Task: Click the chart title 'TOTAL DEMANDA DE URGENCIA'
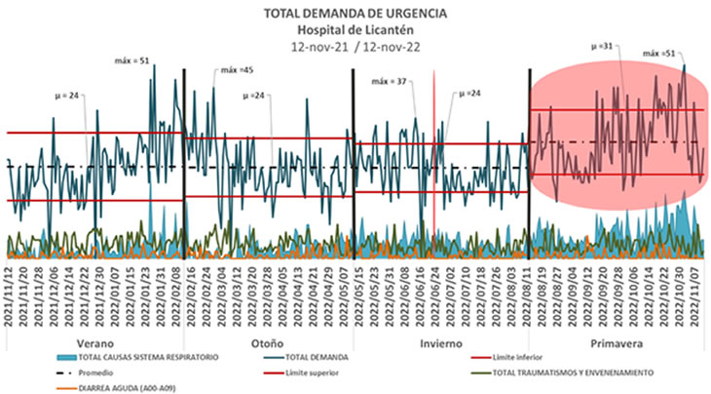[355, 14]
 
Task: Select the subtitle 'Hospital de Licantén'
[355, 29]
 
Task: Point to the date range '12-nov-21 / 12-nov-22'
[355, 46]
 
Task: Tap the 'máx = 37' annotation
[389, 81]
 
